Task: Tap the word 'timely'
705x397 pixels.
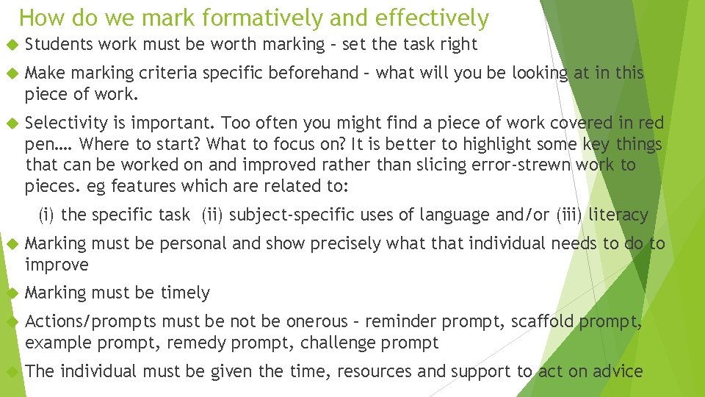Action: click(185, 293)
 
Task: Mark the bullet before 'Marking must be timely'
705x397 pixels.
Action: click(11, 293)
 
